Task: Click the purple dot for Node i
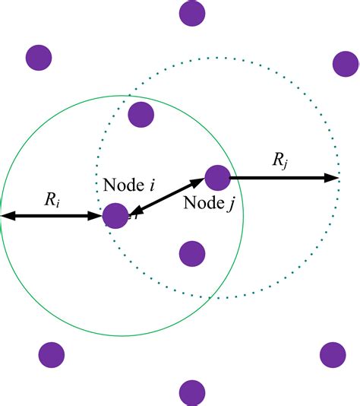point(115,216)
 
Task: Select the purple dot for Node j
point(217,177)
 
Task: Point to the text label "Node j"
point(208,203)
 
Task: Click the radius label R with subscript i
point(52,201)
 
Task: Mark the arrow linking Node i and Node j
point(166,197)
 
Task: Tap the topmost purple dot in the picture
point(193,12)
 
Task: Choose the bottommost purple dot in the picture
point(192,393)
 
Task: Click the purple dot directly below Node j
point(192,254)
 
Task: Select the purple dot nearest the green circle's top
point(141,114)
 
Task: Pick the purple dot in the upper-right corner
point(345,64)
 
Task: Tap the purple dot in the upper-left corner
point(38,57)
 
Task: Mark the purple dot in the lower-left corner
point(51,354)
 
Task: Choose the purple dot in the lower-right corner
point(333,354)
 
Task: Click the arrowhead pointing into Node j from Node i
point(198,182)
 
